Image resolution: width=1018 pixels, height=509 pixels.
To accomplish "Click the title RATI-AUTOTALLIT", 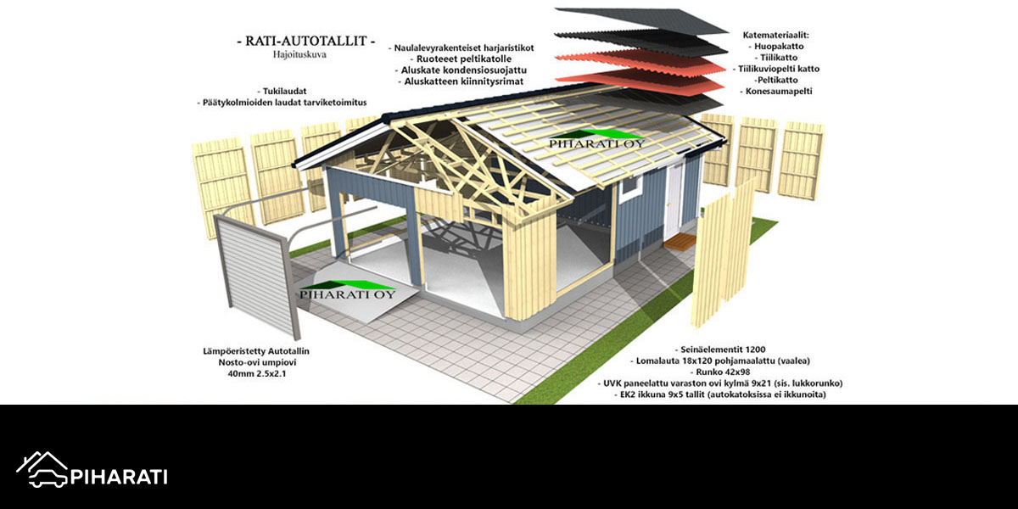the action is (306, 41).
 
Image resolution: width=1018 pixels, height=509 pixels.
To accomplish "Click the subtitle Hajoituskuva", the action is (299, 54).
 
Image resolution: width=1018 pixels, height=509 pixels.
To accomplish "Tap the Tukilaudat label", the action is (282, 91).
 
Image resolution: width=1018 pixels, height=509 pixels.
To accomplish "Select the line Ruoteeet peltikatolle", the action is (461, 59).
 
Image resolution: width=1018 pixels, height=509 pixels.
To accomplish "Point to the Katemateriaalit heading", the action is (775, 35).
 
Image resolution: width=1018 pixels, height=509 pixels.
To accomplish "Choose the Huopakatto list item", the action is (775, 46).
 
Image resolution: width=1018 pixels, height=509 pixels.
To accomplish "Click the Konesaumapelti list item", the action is (776, 91).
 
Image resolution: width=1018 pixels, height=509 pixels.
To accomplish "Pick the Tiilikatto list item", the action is (776, 58).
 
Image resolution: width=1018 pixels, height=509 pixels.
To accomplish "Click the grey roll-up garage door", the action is (257, 276).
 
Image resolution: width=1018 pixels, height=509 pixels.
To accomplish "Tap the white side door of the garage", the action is (673, 200).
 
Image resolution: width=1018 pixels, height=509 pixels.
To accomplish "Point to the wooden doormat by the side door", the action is (680, 241).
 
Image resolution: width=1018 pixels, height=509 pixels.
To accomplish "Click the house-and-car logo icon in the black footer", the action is (42, 469).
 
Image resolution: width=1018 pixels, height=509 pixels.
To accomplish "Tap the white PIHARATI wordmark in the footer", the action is (119, 477).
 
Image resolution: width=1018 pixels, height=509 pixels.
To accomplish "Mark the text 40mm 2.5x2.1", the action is (257, 373).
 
